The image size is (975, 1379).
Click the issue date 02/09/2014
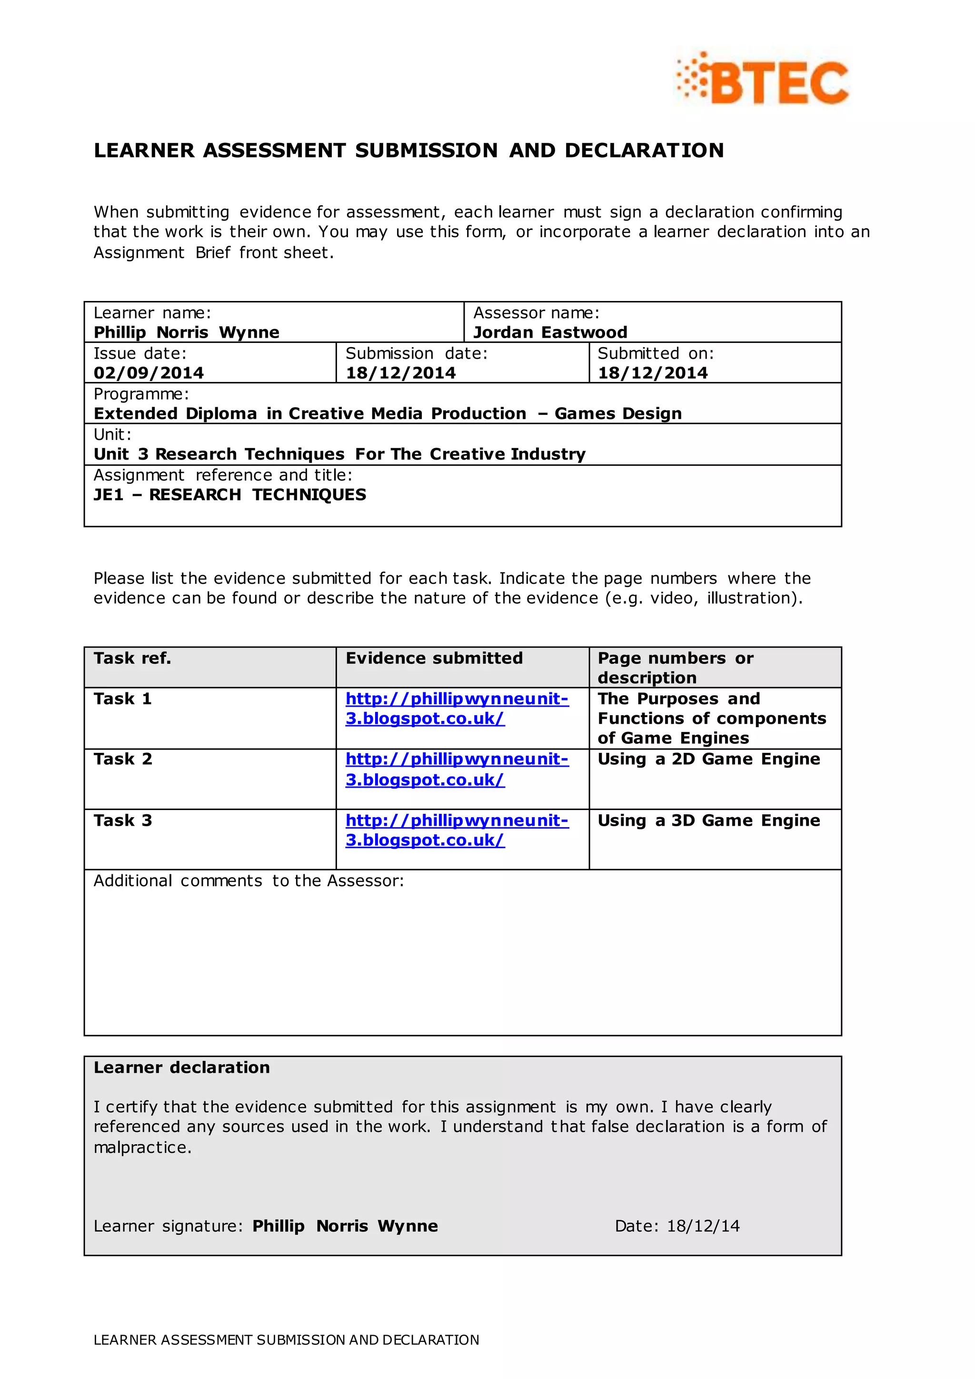[x=148, y=373]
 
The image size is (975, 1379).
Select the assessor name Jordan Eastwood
[x=550, y=332]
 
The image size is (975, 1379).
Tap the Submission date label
[x=416, y=353]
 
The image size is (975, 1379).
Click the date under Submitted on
[x=653, y=373]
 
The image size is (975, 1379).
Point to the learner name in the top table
[x=186, y=332]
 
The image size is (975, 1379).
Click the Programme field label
[x=141, y=394]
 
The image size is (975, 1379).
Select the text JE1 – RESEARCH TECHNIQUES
[x=229, y=494]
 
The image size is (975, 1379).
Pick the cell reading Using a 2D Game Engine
[x=708, y=759]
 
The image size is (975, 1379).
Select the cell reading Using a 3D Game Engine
[x=708, y=820]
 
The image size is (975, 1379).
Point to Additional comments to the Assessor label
[x=249, y=880]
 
